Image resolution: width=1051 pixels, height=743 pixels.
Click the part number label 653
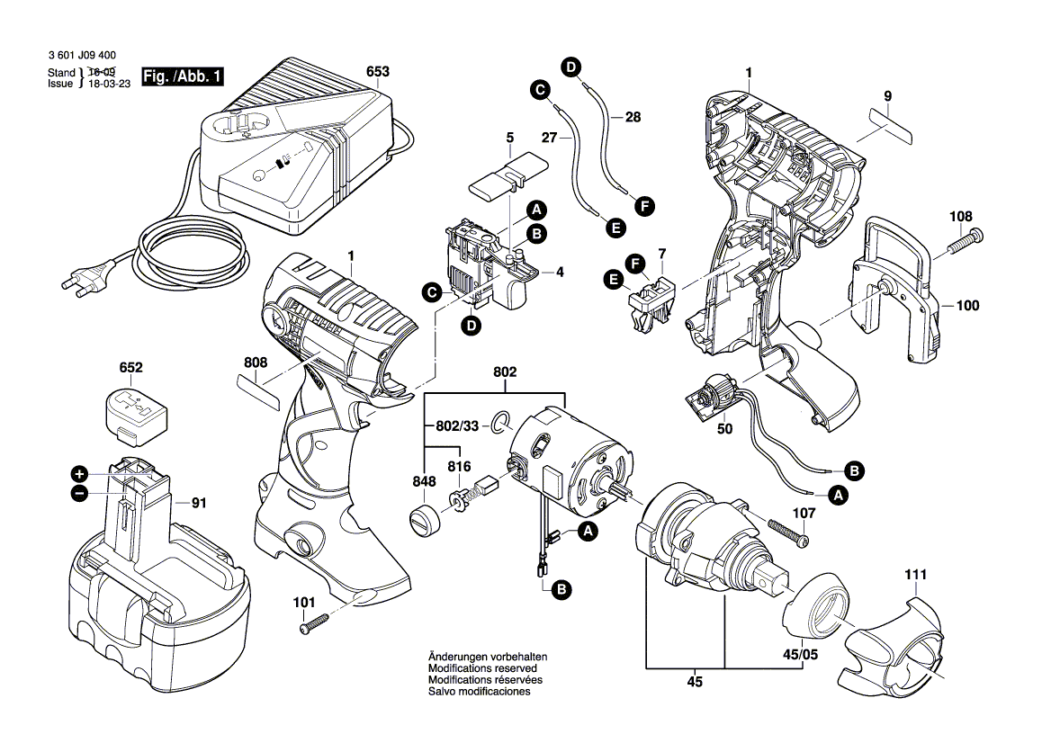click(x=378, y=71)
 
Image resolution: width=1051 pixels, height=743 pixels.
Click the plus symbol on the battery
click(x=79, y=473)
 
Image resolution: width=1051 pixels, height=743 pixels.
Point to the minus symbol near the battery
click(x=79, y=492)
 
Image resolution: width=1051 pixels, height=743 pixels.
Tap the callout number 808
click(x=256, y=363)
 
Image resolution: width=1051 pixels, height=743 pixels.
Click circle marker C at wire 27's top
click(x=539, y=90)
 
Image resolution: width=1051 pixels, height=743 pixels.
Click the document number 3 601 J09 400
click(x=81, y=56)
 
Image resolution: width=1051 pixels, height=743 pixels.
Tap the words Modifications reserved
click(x=482, y=669)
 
